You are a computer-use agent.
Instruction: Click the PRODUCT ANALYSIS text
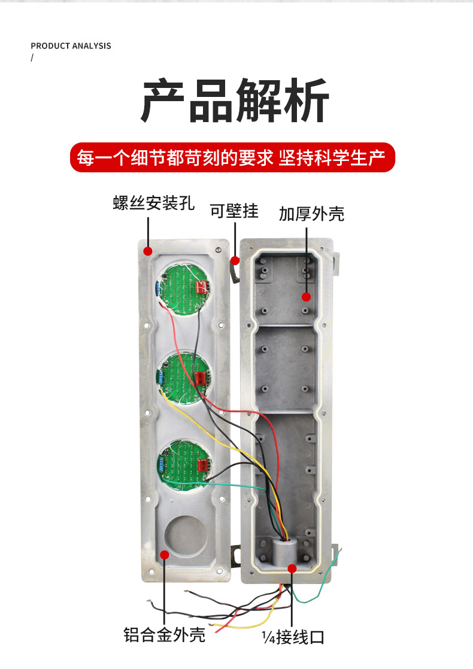[71, 46]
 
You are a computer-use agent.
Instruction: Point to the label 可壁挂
[234, 211]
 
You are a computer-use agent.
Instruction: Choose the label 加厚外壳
[311, 214]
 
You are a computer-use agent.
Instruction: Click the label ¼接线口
[293, 636]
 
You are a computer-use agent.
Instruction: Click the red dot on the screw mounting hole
[148, 251]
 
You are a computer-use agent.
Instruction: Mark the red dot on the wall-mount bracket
[235, 260]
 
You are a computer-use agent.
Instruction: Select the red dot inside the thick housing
[306, 296]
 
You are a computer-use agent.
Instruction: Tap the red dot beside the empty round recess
[164, 555]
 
